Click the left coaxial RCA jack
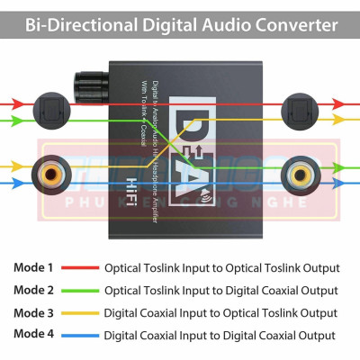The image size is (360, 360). point(46,170)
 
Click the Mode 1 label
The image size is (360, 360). point(33,267)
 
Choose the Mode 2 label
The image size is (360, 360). point(33,290)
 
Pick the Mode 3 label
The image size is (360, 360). point(33,312)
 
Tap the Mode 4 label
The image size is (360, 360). point(33,335)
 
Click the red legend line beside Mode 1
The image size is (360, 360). point(78,267)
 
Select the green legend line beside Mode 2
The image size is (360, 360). point(78,290)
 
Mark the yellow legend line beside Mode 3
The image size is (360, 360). point(78,312)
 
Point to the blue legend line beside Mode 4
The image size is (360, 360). point(78,335)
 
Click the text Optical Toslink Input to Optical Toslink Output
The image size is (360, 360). point(221,268)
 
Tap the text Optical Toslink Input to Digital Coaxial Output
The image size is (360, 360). point(221,291)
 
